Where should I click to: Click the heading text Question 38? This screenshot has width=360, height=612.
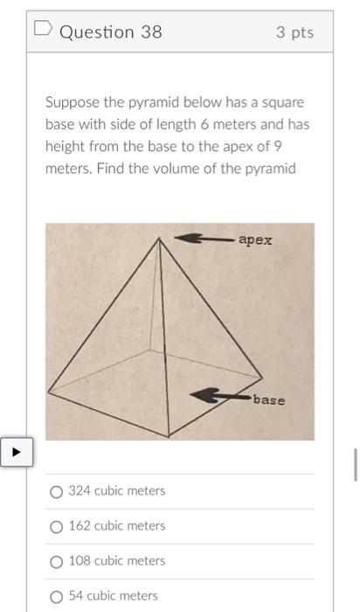click(110, 32)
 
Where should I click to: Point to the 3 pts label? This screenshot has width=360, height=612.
click(294, 32)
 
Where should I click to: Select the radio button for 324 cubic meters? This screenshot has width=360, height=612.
click(56, 491)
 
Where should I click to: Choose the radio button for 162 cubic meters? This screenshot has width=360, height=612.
click(56, 526)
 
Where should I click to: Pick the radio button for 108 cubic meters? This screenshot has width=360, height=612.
click(56, 561)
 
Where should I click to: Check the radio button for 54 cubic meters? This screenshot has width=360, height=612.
click(56, 596)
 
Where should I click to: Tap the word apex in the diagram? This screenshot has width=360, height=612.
click(255, 240)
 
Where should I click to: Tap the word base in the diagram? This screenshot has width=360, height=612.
click(269, 400)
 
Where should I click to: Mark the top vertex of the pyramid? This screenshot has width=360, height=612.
click(159, 238)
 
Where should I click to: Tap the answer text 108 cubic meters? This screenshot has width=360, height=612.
click(116, 561)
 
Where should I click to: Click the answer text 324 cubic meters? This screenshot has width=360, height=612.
click(116, 491)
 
